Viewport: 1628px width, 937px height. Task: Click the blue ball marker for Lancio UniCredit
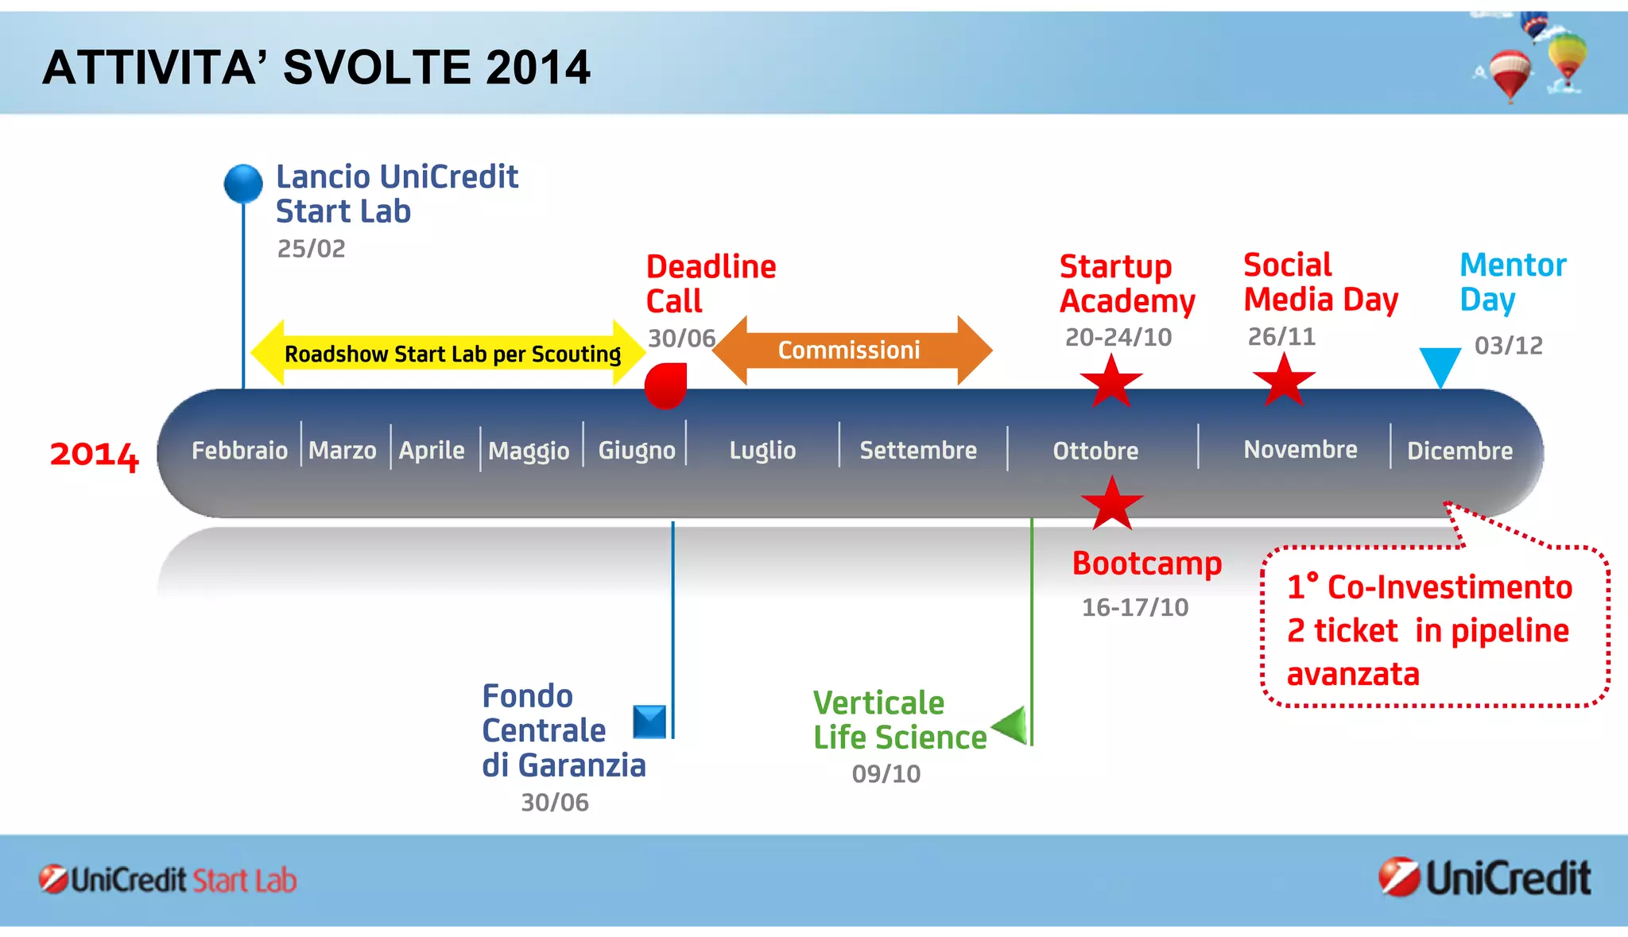click(x=243, y=184)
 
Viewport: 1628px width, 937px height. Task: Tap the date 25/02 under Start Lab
click(x=311, y=249)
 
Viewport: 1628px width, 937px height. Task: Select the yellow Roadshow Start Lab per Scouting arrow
click(x=448, y=353)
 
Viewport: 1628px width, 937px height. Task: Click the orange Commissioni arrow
click(x=851, y=350)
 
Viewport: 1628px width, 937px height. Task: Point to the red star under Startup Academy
click(x=1111, y=381)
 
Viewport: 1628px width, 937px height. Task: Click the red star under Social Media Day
click(x=1283, y=379)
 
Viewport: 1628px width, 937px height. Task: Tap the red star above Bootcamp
click(x=1111, y=504)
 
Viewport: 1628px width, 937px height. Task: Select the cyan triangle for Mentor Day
click(x=1440, y=365)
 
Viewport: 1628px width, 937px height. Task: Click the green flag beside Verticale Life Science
click(x=1012, y=724)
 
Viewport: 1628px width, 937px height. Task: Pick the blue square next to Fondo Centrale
click(x=649, y=722)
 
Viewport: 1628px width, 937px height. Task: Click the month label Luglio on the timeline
click(x=762, y=451)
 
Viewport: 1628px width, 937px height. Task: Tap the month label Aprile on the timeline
click(x=432, y=451)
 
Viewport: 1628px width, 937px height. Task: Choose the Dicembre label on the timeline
click(x=1459, y=451)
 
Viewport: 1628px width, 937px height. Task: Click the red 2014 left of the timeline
click(x=94, y=455)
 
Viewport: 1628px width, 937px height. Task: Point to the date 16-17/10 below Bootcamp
click(x=1134, y=607)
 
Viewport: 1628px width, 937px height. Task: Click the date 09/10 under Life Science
click(x=886, y=773)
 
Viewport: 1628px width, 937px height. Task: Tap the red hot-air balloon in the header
click(x=1510, y=74)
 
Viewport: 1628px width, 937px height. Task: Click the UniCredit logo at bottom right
click(x=1484, y=878)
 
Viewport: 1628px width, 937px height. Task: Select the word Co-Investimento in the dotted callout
click(x=1449, y=587)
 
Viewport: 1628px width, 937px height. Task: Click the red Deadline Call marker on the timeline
click(x=665, y=385)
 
